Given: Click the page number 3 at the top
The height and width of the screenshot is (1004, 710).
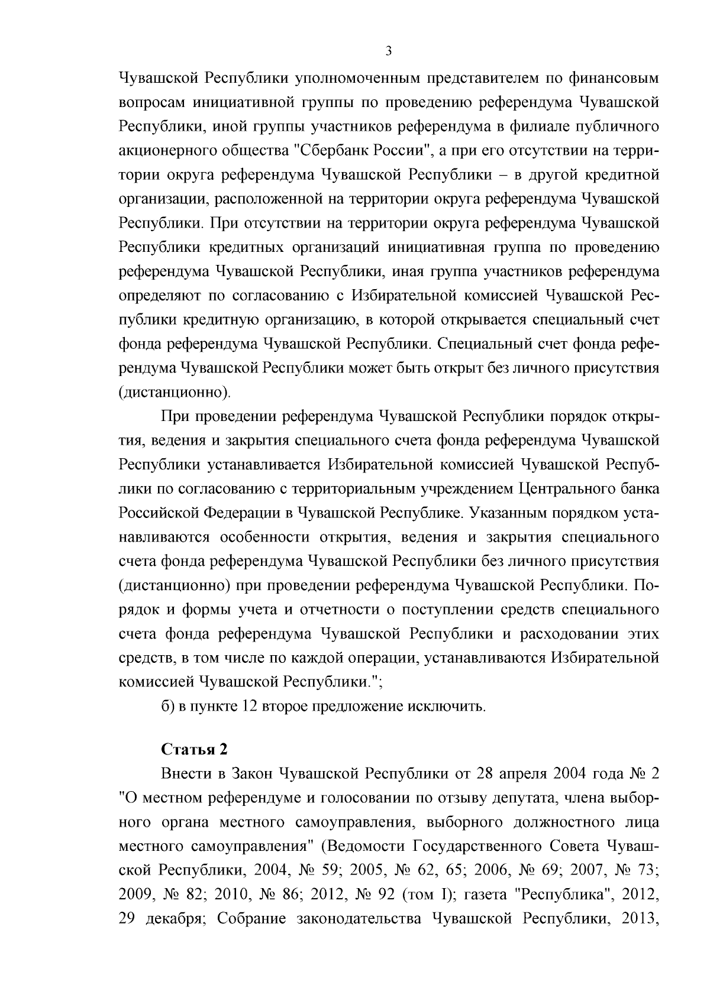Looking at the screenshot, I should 388,52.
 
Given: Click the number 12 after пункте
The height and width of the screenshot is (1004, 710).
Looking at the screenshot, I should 248,706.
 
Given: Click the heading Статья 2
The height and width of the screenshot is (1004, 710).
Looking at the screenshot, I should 194,749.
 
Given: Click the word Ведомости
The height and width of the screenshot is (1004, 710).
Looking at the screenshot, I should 363,846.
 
